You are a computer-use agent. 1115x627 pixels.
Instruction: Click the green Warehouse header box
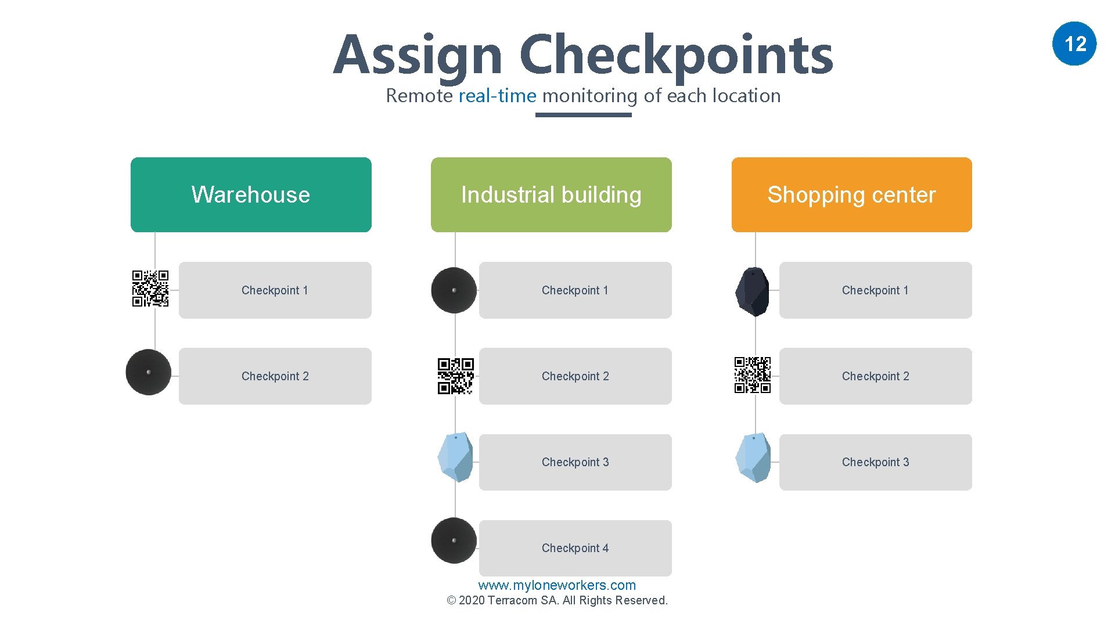[251, 194]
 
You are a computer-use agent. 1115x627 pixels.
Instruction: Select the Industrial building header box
[551, 194]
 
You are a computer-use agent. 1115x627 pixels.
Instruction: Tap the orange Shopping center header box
[851, 194]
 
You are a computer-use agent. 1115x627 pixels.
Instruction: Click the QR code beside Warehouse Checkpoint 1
[150, 289]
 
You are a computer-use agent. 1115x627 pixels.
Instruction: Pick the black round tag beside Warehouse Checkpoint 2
[149, 372]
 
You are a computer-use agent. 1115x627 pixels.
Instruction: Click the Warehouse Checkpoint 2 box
[275, 376]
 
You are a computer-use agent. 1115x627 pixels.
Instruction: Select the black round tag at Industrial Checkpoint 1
[454, 290]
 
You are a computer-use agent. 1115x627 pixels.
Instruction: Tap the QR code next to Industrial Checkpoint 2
[456, 376]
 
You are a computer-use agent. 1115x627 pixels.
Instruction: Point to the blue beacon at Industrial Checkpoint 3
[456, 457]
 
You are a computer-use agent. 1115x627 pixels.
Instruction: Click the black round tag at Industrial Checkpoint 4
[454, 540]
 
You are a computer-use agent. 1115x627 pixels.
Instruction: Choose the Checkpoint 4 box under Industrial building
[575, 548]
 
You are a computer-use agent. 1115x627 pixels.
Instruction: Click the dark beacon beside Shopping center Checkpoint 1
[753, 291]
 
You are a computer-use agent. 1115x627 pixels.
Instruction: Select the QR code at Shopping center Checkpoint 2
[753, 375]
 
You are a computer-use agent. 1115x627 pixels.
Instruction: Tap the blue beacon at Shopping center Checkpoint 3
[753, 457]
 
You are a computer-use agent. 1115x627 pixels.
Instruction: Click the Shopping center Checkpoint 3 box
[875, 462]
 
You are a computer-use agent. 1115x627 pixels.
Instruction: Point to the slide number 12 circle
[1074, 44]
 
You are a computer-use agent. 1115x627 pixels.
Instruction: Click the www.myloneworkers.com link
[557, 585]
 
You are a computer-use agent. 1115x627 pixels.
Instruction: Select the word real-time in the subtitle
[498, 96]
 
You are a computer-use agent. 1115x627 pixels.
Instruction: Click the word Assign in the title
[418, 56]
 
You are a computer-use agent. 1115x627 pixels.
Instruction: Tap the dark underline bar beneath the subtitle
[583, 115]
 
